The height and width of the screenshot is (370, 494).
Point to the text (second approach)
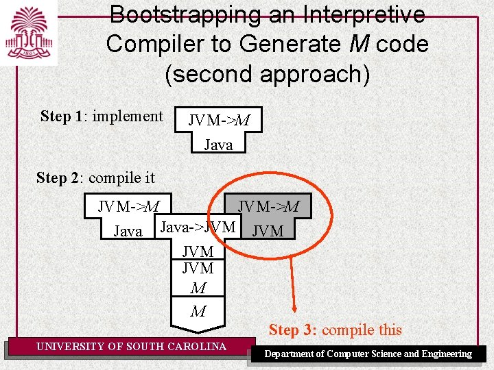point(267,73)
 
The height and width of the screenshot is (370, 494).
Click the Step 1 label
point(62,116)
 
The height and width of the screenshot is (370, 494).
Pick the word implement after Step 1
point(128,116)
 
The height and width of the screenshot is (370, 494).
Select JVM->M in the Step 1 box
point(219,121)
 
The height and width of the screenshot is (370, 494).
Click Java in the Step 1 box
point(219,145)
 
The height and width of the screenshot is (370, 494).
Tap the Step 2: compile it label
point(95,178)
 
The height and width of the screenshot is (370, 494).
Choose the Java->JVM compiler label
point(198,227)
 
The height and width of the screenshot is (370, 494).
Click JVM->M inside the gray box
point(268,206)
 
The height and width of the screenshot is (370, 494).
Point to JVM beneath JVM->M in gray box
point(268,232)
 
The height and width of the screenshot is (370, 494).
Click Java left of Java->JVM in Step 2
point(128,232)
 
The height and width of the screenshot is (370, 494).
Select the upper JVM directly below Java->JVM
point(198,252)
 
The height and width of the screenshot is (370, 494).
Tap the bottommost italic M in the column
point(198,312)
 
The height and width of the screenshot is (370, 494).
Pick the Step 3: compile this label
point(335,330)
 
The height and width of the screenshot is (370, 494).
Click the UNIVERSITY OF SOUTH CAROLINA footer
point(131,347)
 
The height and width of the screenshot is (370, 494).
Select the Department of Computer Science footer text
point(368,354)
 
